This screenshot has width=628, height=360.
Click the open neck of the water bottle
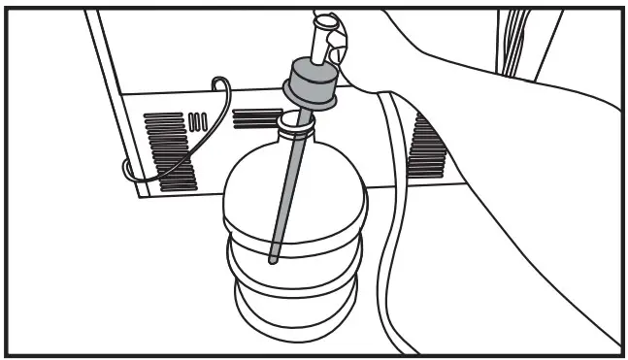point(294,121)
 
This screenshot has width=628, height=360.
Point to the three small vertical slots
point(198,121)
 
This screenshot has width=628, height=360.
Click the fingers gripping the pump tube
point(336,37)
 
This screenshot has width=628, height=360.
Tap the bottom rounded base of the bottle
point(291,320)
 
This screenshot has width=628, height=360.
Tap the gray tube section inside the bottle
point(283,194)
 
